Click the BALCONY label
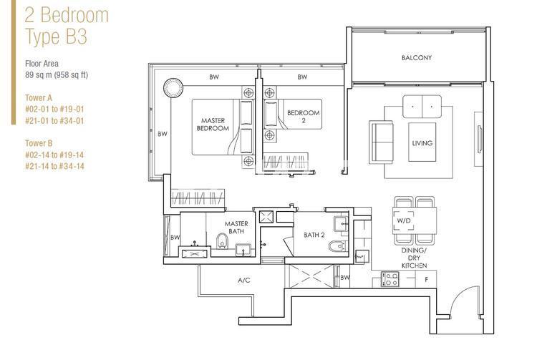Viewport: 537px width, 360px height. (x=416, y=58)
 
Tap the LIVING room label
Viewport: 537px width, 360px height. (x=422, y=143)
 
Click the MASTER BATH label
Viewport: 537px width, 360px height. (x=236, y=228)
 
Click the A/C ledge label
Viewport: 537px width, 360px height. (x=243, y=280)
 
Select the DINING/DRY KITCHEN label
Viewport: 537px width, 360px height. (x=414, y=258)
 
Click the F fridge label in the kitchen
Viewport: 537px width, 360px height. (x=426, y=279)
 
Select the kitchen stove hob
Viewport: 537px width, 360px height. (x=390, y=279)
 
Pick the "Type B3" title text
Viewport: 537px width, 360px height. (x=56, y=37)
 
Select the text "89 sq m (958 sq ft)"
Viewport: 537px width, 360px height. (x=57, y=74)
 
